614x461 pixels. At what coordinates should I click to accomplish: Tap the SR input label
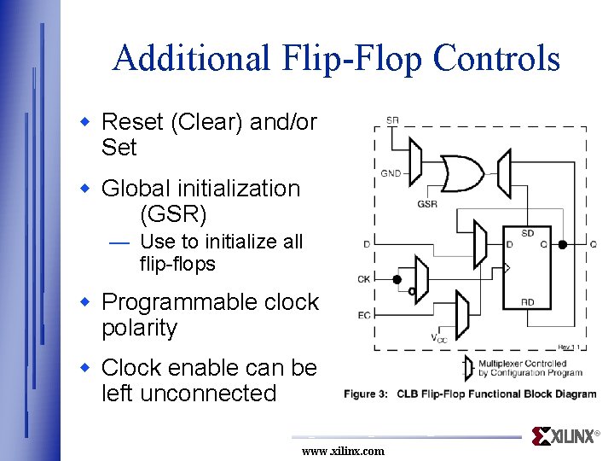pos(391,120)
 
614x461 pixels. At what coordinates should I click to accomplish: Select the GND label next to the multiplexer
pos(391,173)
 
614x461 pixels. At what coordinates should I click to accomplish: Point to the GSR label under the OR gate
pos(427,204)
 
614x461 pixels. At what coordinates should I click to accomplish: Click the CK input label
pos(364,279)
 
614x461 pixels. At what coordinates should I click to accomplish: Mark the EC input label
pos(364,315)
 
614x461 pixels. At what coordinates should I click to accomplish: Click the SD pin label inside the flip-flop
pos(528,232)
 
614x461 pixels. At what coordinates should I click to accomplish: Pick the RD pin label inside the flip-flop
pos(528,301)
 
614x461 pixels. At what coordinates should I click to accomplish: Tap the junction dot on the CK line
pos(397,279)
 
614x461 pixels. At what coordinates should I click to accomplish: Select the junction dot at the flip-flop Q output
pos(562,245)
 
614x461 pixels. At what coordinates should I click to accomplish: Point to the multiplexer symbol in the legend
pos(466,368)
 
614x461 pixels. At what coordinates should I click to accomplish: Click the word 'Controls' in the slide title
pos(496,58)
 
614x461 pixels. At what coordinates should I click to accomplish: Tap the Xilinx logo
pos(565,436)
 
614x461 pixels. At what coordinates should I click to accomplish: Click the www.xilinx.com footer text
pos(343,451)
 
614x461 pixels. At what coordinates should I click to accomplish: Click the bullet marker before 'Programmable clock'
pos(84,301)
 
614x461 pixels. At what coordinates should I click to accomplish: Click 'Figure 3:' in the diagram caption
pos(366,394)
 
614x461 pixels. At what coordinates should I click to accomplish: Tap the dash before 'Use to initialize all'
pos(119,242)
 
